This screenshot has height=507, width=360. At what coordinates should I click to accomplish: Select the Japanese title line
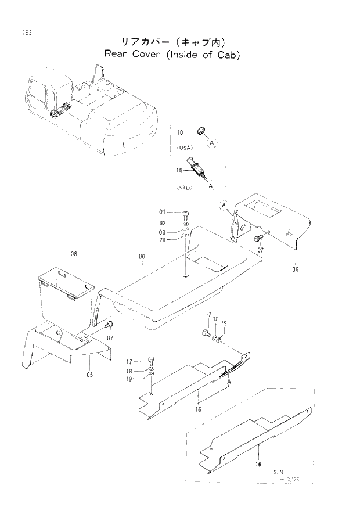pos(172,42)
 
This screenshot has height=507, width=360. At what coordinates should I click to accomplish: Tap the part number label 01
pos(163,213)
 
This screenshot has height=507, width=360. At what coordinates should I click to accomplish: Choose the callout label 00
pos(142,256)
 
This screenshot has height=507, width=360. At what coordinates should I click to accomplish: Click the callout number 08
pos(74,254)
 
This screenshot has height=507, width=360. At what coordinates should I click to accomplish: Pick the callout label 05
pos(89,375)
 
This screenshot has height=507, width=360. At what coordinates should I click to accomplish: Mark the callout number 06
pos(296,269)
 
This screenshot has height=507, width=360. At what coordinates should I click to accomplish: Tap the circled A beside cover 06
pos(224,204)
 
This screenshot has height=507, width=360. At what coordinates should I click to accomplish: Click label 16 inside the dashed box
pos(257,464)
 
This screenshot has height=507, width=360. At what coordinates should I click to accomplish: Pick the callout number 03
pos(163,232)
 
